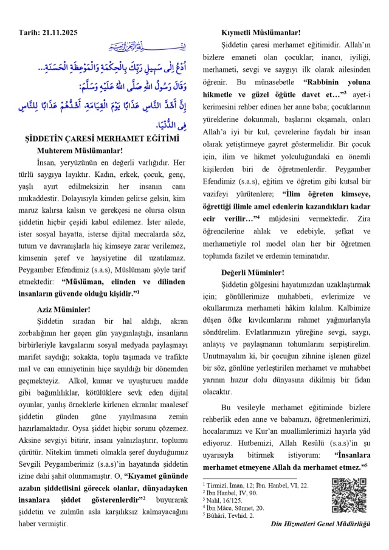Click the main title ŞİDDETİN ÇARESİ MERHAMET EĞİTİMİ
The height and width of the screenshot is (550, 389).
[x=106, y=139]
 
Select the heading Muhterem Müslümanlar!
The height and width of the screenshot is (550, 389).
[x=71, y=151]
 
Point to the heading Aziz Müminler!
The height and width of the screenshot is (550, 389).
[x=63, y=309]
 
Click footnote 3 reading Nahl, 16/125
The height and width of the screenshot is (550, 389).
[x=227, y=499]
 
